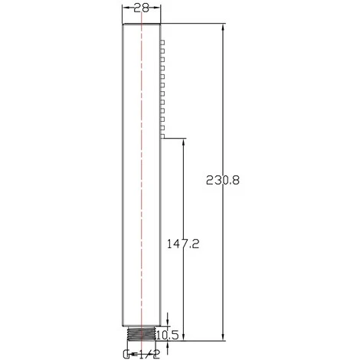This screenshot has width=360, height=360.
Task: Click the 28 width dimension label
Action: coord(141,8)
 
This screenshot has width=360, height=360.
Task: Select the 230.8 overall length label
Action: coord(223,180)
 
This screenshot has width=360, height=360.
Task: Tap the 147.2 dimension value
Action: coord(183,244)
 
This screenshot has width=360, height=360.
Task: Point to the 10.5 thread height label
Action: coord(167,335)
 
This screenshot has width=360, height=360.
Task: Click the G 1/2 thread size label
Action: coord(141,354)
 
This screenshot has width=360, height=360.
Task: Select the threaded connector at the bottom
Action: coord(141,333)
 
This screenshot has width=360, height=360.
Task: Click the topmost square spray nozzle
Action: coord(162,42)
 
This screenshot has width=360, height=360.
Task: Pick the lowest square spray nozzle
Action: coord(162,136)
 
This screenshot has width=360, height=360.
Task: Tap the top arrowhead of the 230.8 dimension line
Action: coord(224,28)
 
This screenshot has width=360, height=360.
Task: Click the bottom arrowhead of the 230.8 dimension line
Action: coord(224,336)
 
